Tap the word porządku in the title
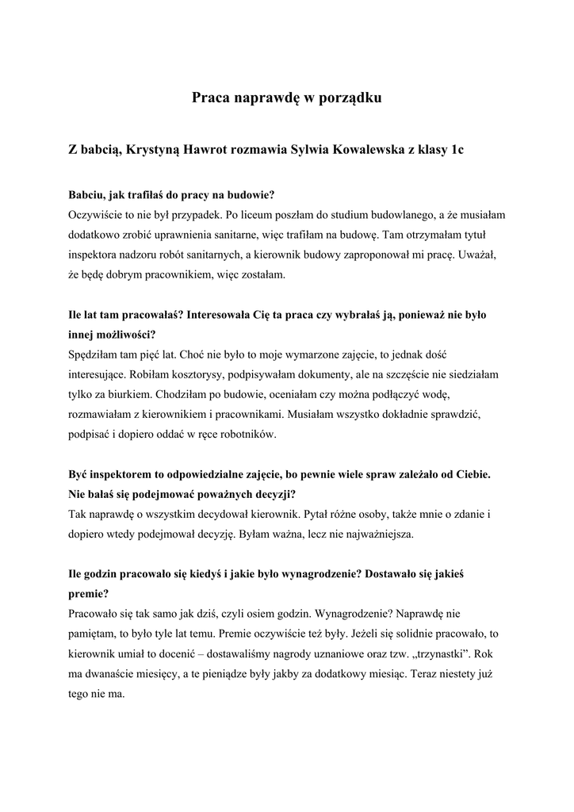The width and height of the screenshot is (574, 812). [354, 99]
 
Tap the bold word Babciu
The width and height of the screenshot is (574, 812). [86, 193]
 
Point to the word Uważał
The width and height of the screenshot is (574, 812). [478, 255]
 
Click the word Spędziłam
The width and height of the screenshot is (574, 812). [96, 352]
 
